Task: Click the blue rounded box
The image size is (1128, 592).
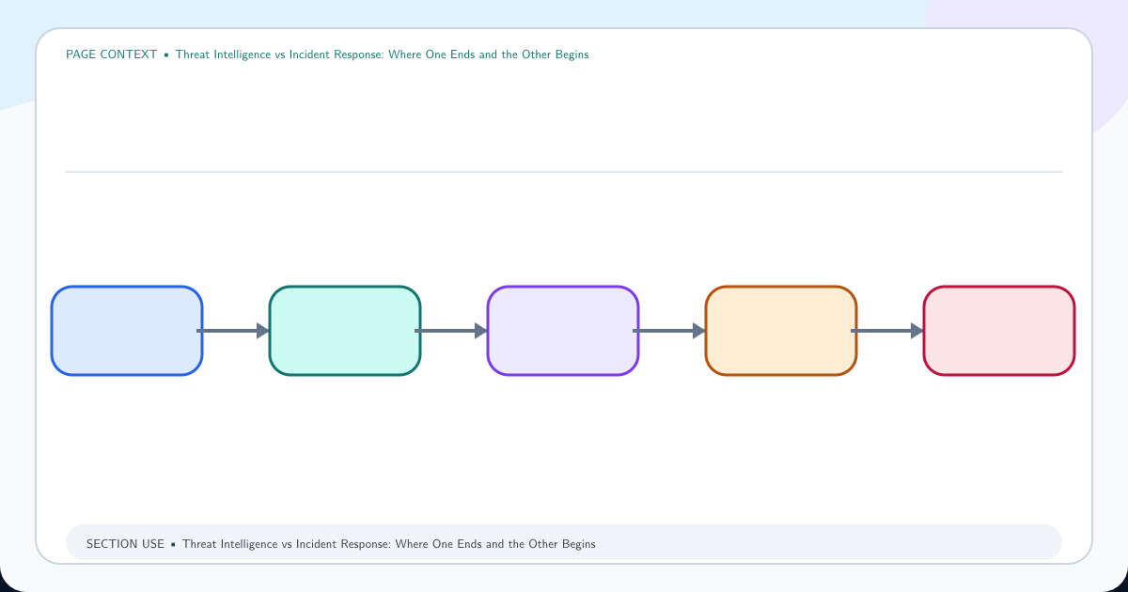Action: tap(127, 331)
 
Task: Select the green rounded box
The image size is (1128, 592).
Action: tap(345, 331)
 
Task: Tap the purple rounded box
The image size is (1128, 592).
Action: tap(563, 331)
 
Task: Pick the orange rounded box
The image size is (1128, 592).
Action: tap(781, 331)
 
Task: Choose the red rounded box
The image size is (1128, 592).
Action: tap(999, 331)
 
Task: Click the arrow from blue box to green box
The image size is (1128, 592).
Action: tap(233, 331)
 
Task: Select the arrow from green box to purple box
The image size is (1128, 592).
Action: tap(451, 331)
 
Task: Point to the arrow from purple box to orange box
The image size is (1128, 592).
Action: tap(669, 331)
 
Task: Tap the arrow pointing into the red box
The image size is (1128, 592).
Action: tap(887, 331)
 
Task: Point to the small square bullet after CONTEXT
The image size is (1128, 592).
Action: tap(166, 55)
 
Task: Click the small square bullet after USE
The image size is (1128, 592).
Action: tap(173, 545)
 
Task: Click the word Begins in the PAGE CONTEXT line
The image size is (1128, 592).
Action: tap(572, 55)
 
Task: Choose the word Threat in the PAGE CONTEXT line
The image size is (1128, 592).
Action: tap(193, 55)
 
